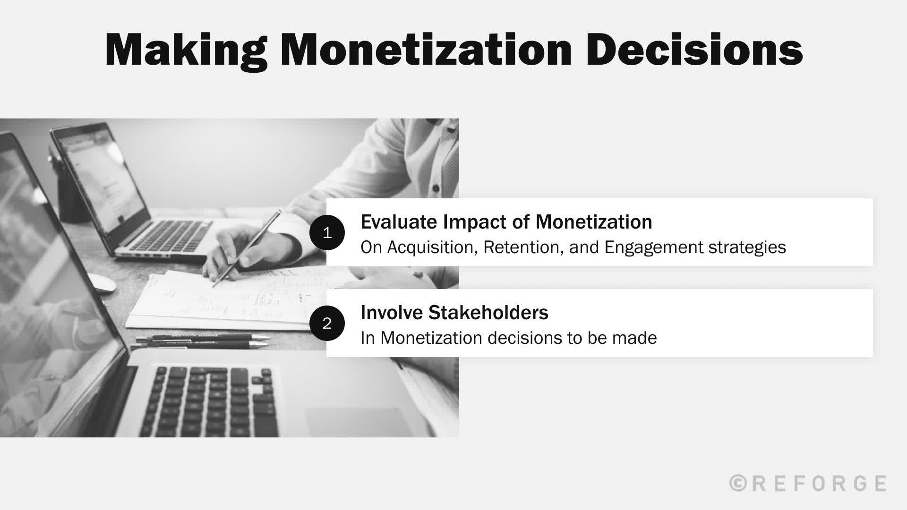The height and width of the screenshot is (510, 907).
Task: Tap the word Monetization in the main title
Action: point(425,50)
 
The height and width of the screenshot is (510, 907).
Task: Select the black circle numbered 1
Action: point(327,232)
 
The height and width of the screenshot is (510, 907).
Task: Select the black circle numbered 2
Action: point(327,323)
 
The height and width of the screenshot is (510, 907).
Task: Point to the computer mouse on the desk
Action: point(102,282)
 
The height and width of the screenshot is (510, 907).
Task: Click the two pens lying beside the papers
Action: point(203,341)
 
